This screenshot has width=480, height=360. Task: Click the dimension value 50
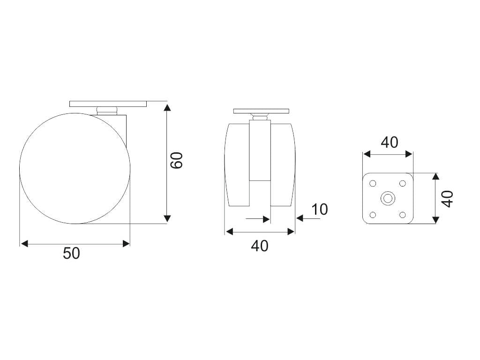click(x=71, y=254)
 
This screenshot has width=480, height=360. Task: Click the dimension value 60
click(x=177, y=160)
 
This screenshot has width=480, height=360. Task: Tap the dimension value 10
click(x=319, y=210)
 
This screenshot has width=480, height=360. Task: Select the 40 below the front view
click(x=260, y=246)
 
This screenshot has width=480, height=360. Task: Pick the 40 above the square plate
click(x=390, y=142)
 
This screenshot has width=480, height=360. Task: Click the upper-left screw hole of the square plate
click(x=373, y=183)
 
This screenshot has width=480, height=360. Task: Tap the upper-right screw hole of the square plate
click(x=403, y=183)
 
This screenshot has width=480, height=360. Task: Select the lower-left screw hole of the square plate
click(x=373, y=215)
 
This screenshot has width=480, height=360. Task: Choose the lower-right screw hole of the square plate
click(x=403, y=215)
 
